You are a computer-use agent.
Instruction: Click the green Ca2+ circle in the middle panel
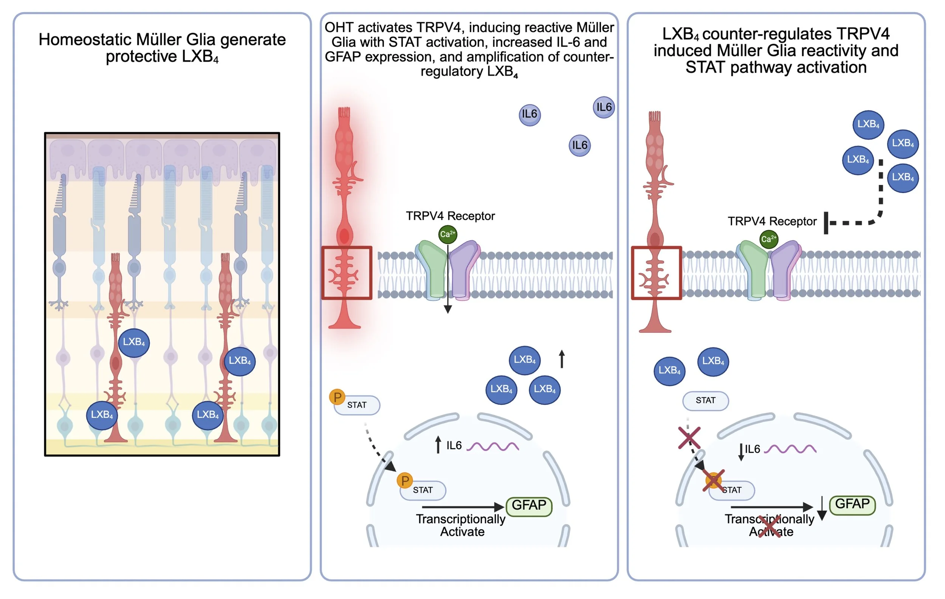pos(448,234)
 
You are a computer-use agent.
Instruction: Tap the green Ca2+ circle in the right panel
pos(768,239)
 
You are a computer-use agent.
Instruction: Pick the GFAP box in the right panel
pos(852,504)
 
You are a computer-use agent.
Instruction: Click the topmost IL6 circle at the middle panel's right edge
pos(604,107)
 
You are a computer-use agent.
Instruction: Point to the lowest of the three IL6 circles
pos(579,145)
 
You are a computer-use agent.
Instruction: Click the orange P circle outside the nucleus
pos(337,397)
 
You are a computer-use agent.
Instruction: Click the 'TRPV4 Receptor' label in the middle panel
pos(450,216)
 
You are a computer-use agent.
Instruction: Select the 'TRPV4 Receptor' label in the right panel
pos(772,221)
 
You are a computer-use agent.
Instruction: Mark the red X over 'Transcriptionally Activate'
pos(770,526)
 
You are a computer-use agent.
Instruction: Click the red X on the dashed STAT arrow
pos(689,438)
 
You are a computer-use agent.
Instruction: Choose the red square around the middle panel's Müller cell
pos(347,273)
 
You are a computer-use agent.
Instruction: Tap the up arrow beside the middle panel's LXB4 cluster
pos(562,359)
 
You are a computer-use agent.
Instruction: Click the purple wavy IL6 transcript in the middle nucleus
pos(493,446)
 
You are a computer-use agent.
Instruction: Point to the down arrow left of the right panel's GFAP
pos(822,508)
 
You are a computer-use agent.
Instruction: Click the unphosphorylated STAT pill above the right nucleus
pos(706,401)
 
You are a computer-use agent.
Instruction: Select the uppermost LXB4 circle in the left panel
pos(134,343)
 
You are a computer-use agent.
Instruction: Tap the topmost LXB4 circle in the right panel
pos(868,125)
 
